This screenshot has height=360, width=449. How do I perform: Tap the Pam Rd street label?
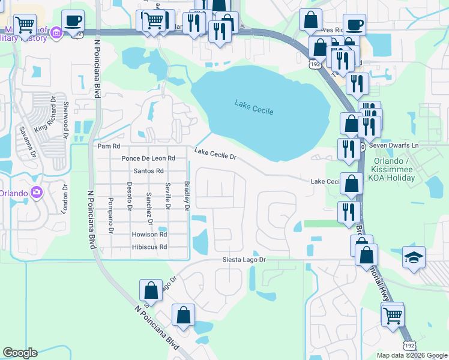tap(109, 146)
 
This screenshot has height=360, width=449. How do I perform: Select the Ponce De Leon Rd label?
tap(148, 158)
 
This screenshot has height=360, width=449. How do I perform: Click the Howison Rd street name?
tap(149, 235)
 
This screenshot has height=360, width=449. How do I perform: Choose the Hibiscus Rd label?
tap(149, 247)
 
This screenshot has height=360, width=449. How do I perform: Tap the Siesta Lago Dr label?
tap(240, 260)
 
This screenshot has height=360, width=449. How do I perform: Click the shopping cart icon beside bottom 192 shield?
tap(393, 313)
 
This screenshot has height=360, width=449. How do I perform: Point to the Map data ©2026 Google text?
tap(411, 355)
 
